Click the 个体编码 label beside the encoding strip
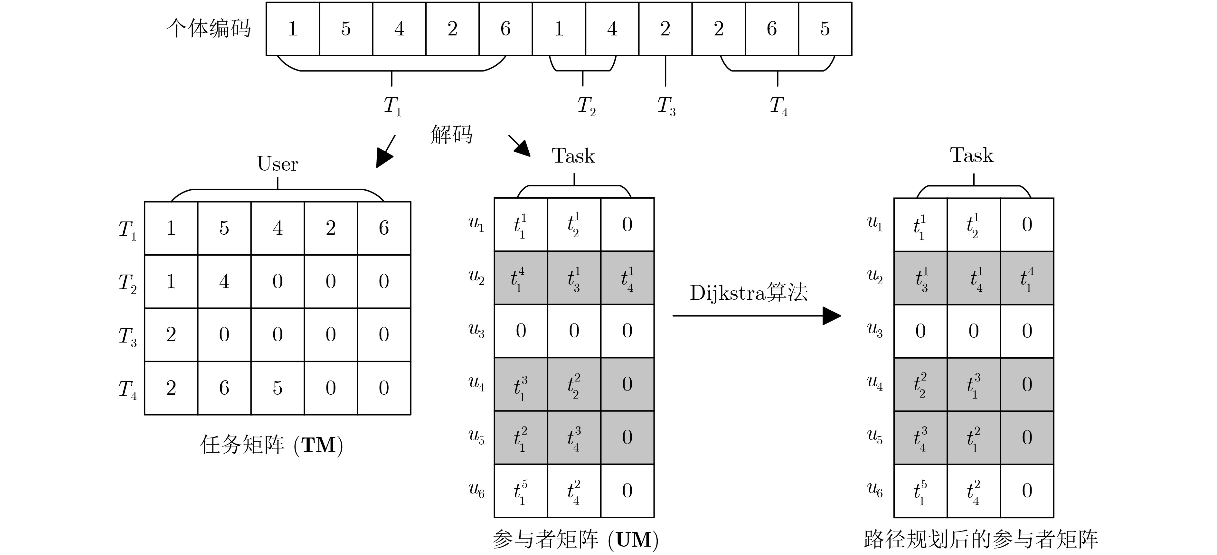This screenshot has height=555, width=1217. [208, 28]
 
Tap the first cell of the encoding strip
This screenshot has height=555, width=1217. [293, 29]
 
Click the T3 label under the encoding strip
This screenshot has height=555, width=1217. [666, 106]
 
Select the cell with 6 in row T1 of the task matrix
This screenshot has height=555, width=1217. [384, 228]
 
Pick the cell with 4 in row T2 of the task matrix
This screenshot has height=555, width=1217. [224, 281]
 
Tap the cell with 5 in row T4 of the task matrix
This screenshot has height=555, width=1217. [278, 388]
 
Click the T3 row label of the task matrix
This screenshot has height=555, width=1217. [127, 336]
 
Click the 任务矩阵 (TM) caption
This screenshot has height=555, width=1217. [272, 445]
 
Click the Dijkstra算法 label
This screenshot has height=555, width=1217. [749, 293]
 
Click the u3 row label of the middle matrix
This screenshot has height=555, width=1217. [476, 331]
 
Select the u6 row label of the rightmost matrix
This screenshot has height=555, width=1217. [875, 490]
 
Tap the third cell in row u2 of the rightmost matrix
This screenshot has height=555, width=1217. [1027, 278]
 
